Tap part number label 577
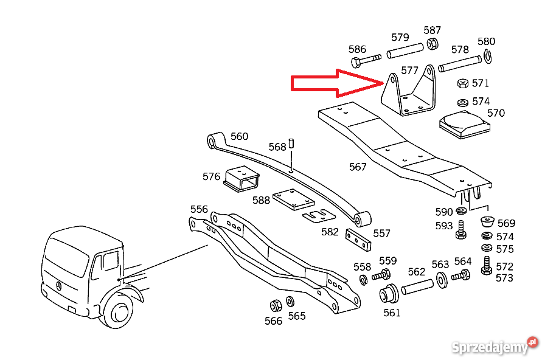coord(410,71)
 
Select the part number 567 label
coord(358,167)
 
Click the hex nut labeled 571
coord(462,83)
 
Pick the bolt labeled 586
coord(364,61)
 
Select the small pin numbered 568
coord(291,144)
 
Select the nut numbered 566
coord(274,305)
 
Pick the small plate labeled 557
coord(358,240)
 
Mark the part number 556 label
coord(199,210)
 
